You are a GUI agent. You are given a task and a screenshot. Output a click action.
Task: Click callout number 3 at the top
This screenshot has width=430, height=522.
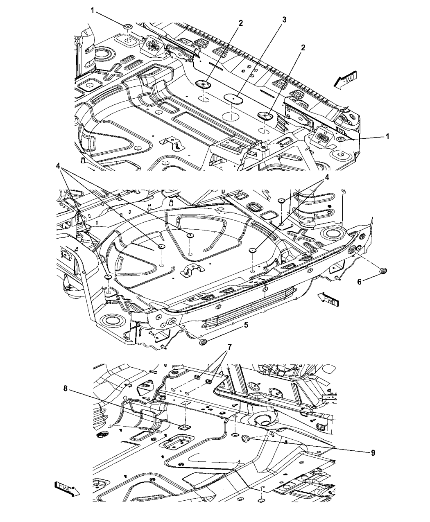(284, 19)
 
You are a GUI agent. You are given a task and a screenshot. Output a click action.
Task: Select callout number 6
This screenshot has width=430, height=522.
(360, 282)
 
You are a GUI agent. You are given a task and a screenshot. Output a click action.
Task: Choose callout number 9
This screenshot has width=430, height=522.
(372, 453)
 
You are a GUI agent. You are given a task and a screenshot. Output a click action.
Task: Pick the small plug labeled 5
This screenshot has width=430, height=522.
(201, 342)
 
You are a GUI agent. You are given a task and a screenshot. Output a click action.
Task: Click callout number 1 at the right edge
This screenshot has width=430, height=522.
(387, 136)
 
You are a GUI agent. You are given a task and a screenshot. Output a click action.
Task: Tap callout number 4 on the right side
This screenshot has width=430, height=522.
(327, 178)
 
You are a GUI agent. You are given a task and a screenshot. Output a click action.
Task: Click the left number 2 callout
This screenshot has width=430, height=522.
(241, 23)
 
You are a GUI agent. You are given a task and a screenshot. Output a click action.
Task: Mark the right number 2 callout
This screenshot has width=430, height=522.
(303, 48)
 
